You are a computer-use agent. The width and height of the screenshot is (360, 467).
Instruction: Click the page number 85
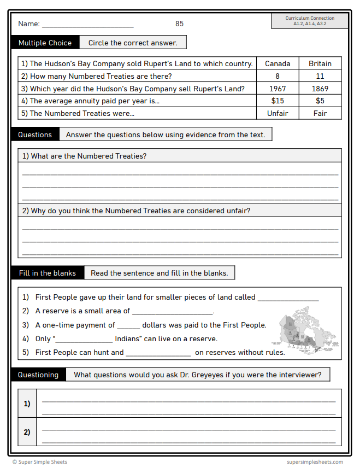[x=179, y=24]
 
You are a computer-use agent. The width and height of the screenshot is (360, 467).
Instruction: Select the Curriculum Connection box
[x=310, y=21]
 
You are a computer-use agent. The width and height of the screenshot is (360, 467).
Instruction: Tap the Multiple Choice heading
[x=45, y=43]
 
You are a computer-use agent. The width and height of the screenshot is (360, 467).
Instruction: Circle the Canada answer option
[x=278, y=63]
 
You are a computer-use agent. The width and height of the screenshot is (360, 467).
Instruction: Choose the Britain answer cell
[x=320, y=63]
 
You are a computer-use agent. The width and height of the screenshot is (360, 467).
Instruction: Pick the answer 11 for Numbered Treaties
[x=320, y=76]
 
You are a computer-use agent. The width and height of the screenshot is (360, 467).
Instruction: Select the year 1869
[x=320, y=89]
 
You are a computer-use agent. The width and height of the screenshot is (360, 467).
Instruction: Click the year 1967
[x=278, y=89]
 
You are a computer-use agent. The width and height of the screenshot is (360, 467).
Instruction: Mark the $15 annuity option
[x=278, y=101]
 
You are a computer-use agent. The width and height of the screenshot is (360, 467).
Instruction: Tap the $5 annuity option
[x=320, y=101]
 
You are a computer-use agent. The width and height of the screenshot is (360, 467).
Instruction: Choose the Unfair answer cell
[x=278, y=113]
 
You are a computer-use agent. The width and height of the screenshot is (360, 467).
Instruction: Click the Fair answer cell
[x=320, y=113]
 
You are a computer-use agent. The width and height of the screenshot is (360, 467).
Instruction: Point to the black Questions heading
[x=35, y=135]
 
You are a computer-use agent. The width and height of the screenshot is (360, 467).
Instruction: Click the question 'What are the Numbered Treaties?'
[x=84, y=156]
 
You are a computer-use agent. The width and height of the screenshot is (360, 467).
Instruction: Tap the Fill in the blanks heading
[x=48, y=273]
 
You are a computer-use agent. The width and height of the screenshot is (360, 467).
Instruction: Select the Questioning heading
[x=38, y=375]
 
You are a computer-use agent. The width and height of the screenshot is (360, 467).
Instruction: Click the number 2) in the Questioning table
[x=27, y=432]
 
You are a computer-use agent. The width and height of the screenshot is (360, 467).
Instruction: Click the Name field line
[x=87, y=25]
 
